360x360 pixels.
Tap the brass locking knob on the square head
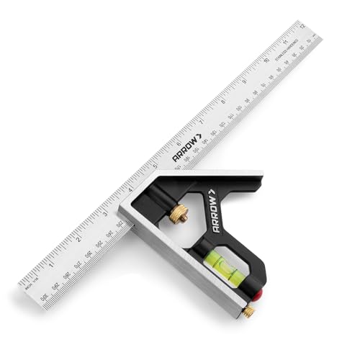tap(178, 213)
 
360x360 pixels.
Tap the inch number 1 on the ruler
tap(51, 262)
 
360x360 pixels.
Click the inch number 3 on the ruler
tap(104, 214)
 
